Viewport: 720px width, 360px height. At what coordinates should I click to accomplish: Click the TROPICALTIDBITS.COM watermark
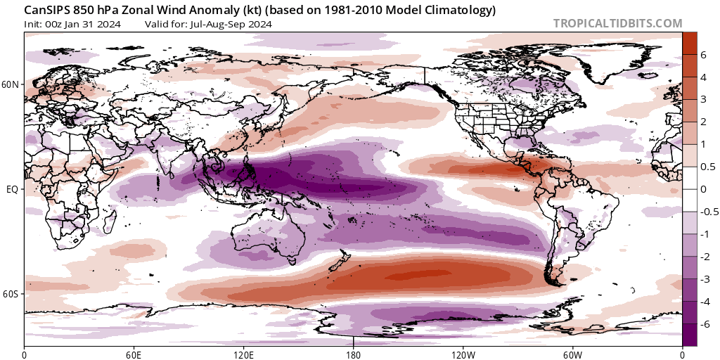(x=617, y=23)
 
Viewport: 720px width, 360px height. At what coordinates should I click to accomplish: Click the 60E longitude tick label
(x=134, y=354)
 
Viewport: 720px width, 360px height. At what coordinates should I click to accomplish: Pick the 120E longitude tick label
(x=243, y=354)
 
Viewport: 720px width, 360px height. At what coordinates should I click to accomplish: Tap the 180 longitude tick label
(x=354, y=354)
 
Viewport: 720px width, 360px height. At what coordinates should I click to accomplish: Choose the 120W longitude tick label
(x=463, y=354)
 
